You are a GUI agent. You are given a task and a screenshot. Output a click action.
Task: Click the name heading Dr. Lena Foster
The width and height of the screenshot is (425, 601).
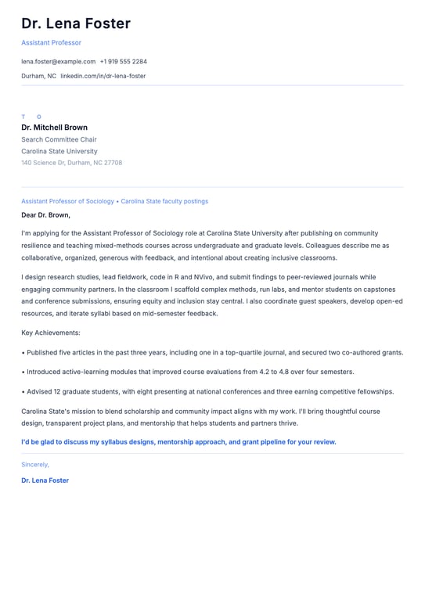(76, 24)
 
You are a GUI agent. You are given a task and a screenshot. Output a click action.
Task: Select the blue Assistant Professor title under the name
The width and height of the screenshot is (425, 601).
(51, 42)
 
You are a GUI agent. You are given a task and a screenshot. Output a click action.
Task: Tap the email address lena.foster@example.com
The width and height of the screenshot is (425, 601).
(58, 61)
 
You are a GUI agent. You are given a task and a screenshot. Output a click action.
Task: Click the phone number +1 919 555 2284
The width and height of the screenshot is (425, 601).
(123, 61)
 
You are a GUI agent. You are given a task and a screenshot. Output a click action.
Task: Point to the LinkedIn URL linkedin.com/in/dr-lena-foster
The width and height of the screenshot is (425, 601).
(103, 76)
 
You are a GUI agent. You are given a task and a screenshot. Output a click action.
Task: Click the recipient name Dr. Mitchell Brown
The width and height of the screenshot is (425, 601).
(54, 128)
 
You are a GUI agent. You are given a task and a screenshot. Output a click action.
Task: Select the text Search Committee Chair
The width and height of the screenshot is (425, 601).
(59, 139)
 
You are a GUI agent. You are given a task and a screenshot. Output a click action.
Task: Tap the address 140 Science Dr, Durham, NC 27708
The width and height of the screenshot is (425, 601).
(71, 163)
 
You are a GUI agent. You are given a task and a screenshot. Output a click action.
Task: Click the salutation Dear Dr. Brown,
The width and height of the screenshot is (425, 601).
(45, 215)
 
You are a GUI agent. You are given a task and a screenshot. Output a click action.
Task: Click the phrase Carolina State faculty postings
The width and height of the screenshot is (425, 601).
(164, 201)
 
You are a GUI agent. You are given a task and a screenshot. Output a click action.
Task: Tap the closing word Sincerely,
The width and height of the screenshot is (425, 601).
(35, 464)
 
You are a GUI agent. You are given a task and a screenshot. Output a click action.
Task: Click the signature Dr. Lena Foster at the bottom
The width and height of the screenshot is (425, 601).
(45, 480)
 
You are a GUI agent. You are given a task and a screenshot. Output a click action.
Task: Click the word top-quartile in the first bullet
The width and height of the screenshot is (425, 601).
(265, 353)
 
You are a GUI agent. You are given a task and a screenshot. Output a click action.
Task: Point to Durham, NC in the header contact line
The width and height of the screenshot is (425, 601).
(38, 76)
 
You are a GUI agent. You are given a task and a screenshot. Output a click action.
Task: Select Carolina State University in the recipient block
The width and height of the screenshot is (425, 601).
(59, 151)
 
